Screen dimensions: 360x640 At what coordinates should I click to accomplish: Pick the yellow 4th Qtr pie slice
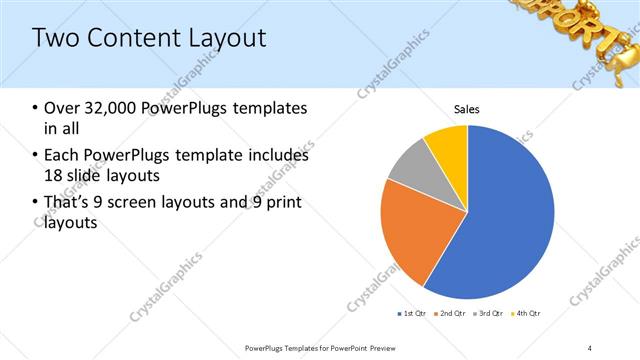pos(446,145)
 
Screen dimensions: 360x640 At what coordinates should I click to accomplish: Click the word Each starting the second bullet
pos(62,156)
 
